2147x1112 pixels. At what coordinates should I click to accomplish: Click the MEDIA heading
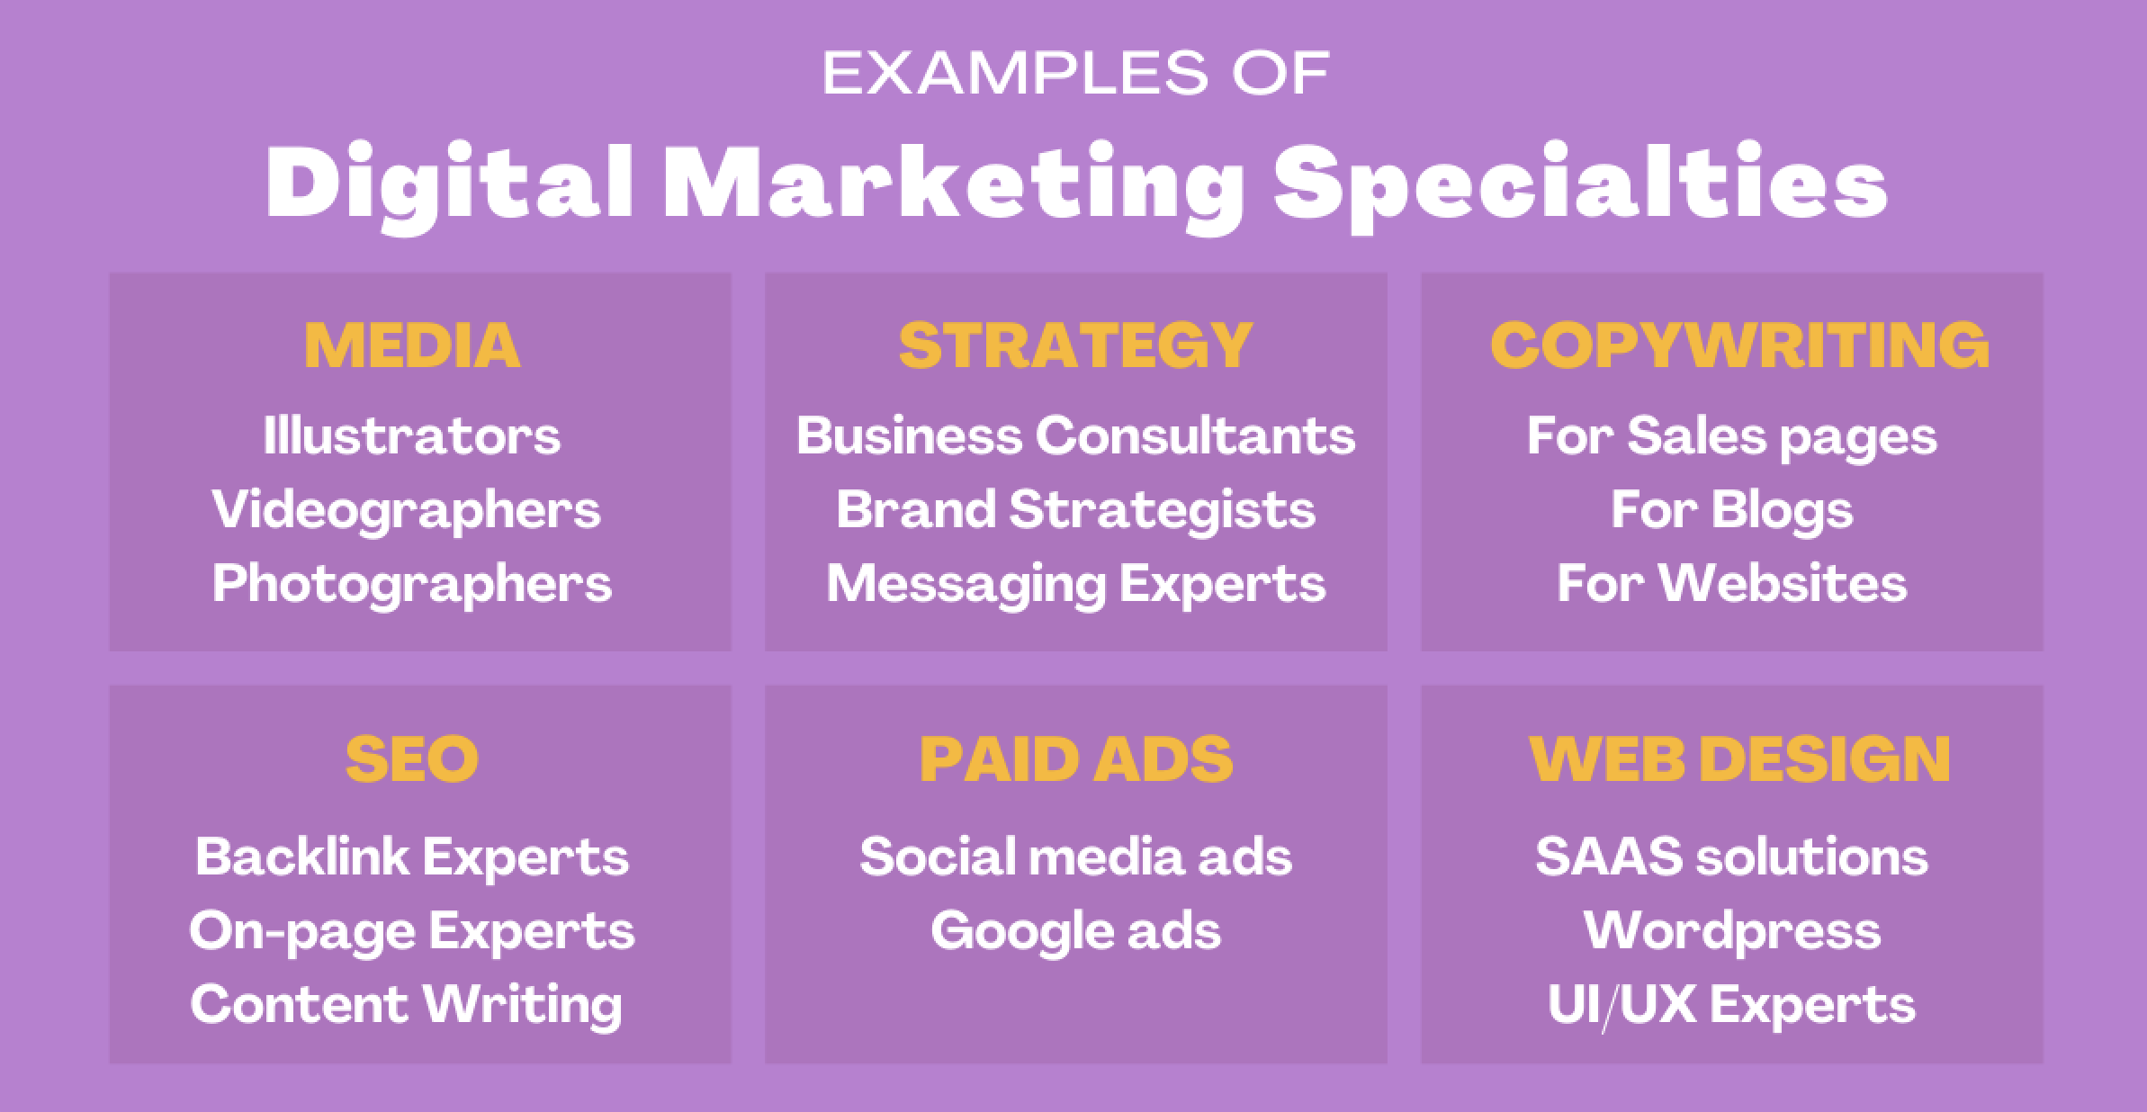[412, 345]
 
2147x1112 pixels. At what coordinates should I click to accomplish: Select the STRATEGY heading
[1075, 345]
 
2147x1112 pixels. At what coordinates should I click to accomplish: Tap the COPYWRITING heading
[1739, 345]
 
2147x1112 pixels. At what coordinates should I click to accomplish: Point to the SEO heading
[412, 758]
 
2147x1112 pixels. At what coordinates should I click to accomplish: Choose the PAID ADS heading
[1075, 758]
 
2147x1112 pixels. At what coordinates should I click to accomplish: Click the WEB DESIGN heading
[1739, 758]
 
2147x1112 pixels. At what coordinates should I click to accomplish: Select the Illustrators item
[412, 435]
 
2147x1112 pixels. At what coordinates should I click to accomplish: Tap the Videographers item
[407, 511]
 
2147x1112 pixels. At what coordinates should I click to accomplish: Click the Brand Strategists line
[1075, 511]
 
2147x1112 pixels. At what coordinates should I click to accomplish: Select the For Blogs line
[1732, 511]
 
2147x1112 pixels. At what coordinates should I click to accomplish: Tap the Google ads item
[1075, 931]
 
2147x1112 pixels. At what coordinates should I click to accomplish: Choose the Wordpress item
[1732, 931]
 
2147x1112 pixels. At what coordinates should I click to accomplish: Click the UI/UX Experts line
[1732, 1005]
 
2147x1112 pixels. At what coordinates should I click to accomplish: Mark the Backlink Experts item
[412, 856]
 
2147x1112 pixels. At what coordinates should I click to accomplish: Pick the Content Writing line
[407, 1005]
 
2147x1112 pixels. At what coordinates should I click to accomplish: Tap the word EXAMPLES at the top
[1015, 73]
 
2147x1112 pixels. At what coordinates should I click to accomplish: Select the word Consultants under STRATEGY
[1195, 435]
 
